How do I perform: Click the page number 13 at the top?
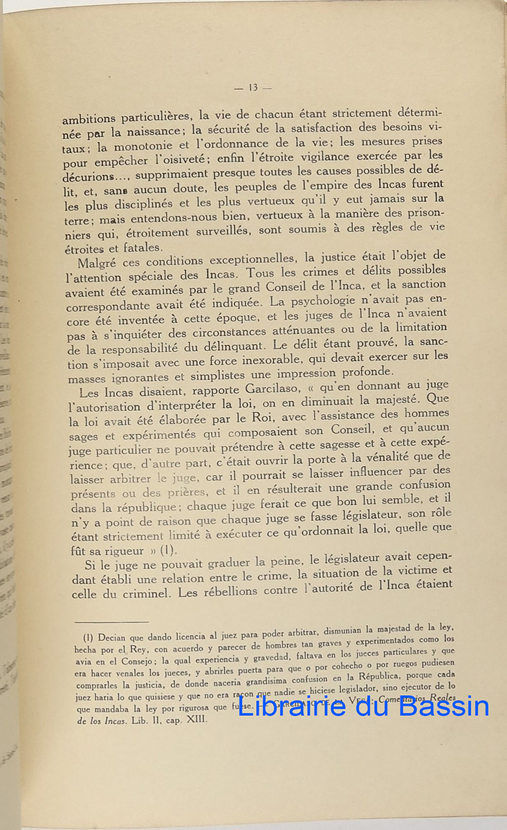252,87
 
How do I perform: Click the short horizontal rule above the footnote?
111,621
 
